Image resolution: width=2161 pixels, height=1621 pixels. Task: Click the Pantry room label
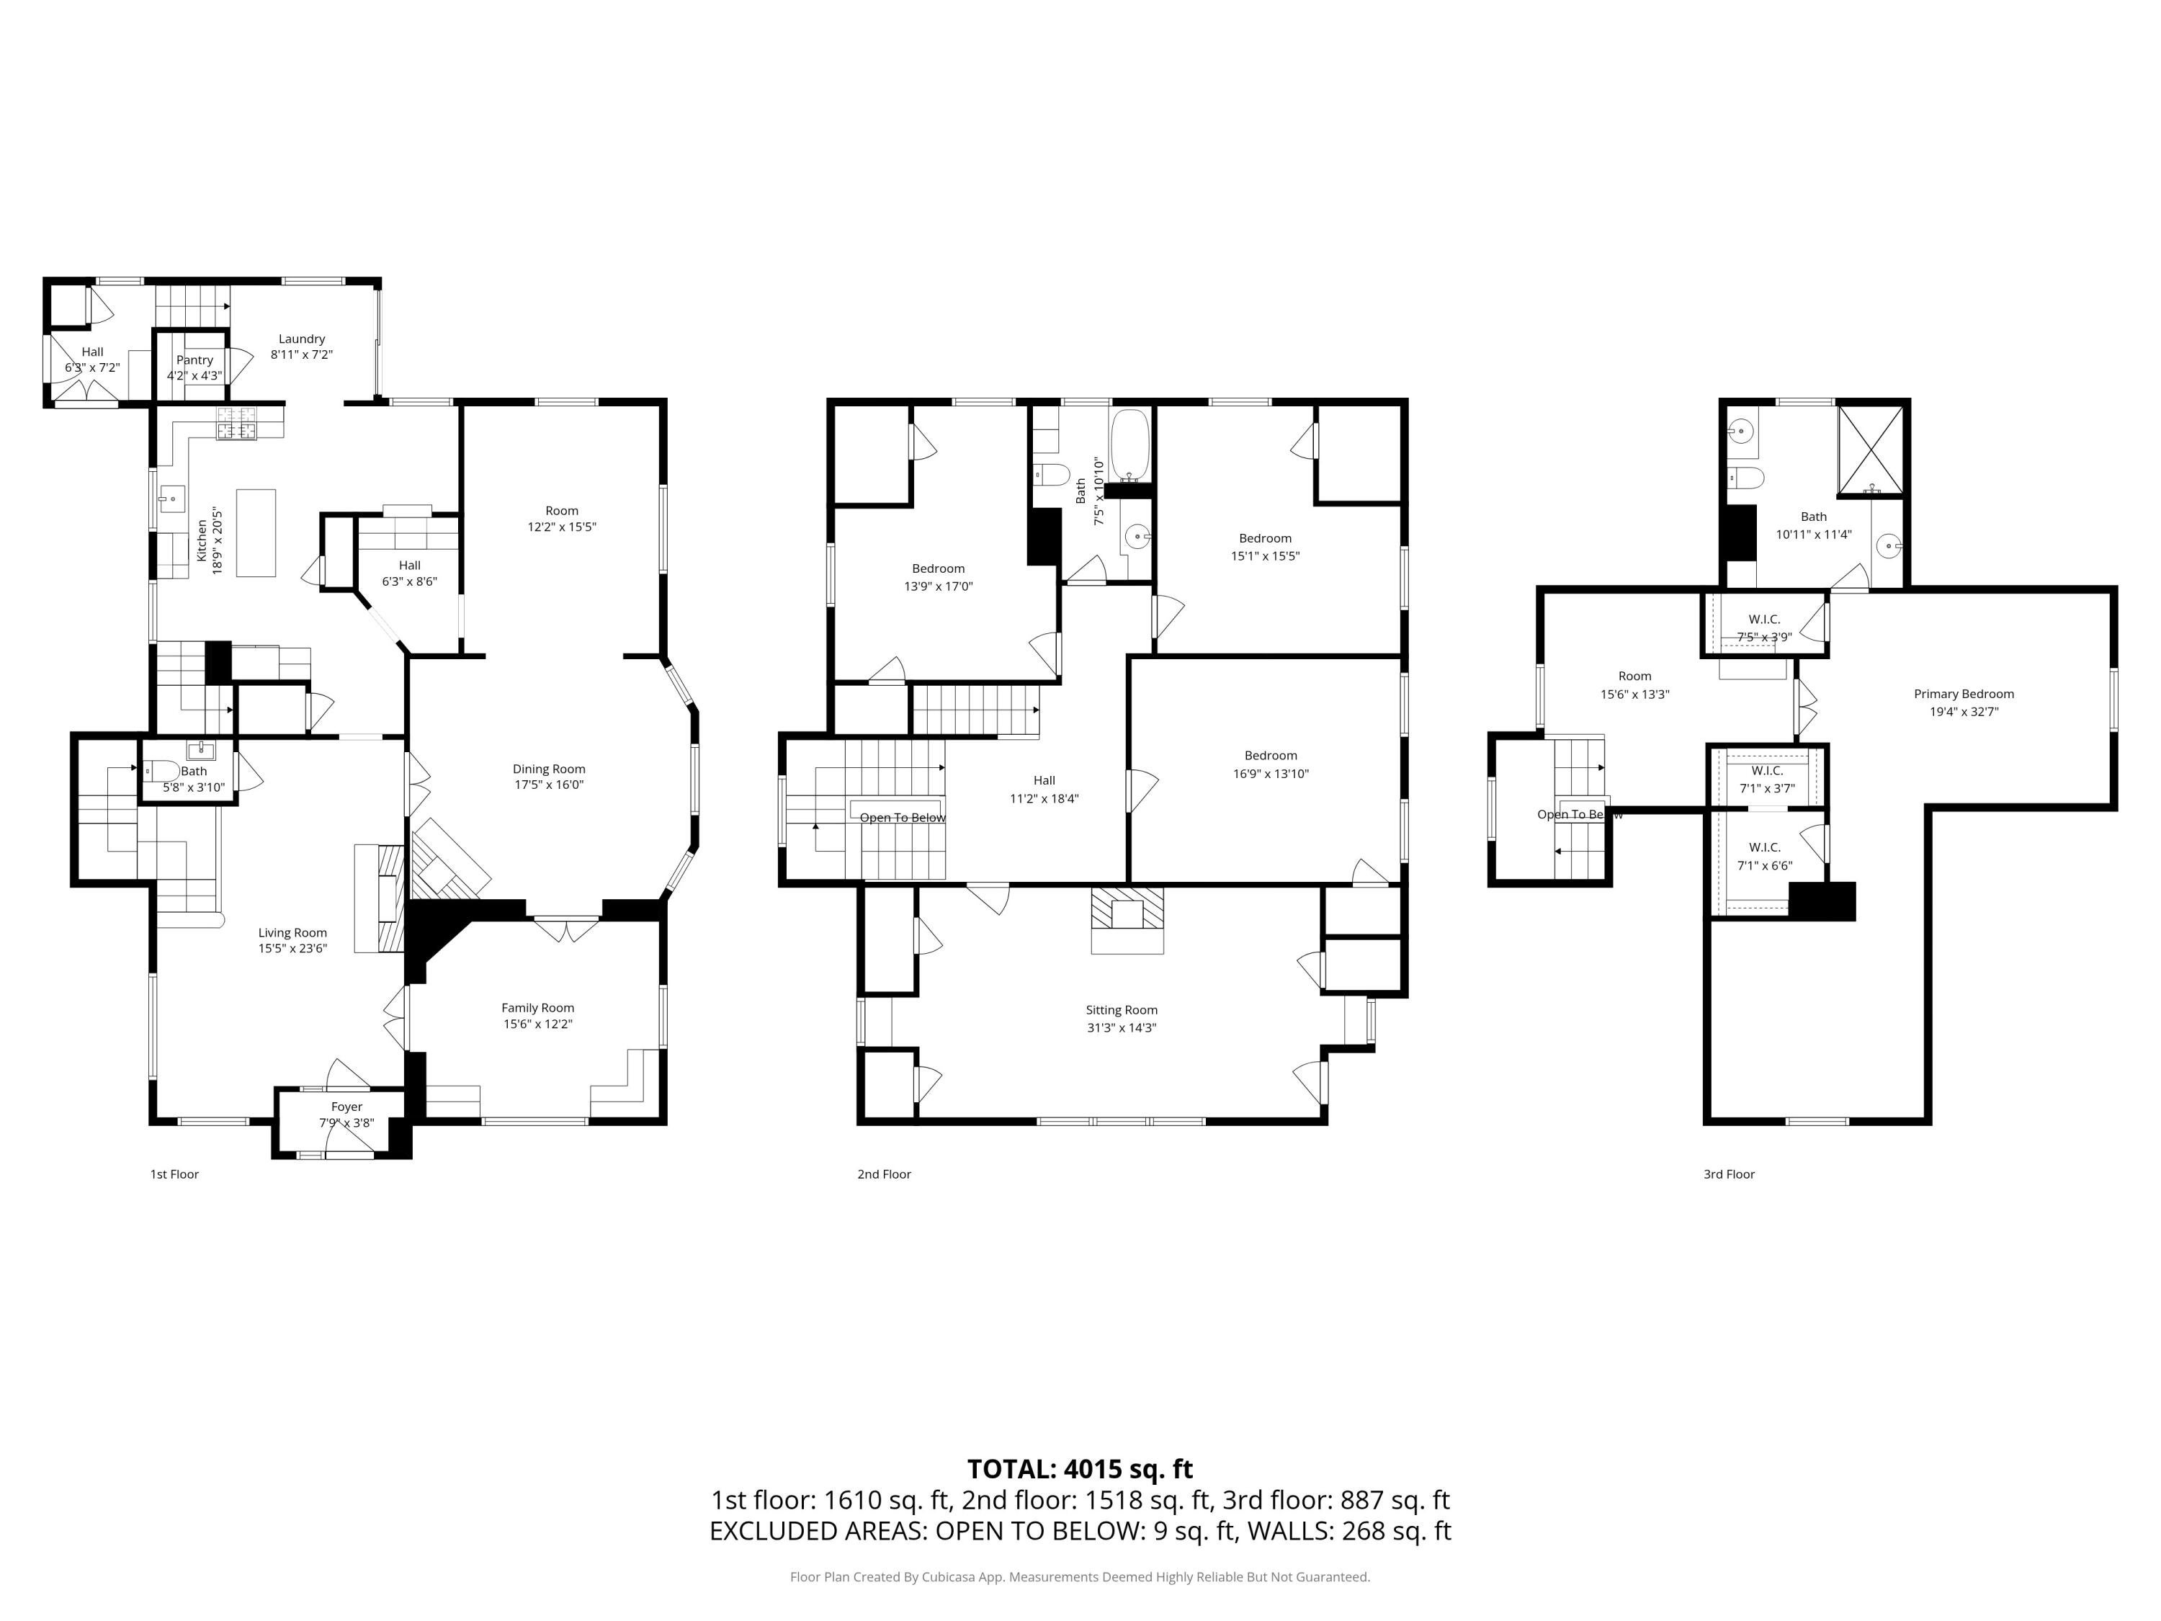coord(194,360)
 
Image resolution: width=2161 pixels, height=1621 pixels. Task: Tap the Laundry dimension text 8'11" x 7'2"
coord(302,354)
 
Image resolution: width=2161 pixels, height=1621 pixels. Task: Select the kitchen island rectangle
coord(256,532)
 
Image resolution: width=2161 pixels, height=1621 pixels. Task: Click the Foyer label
coord(346,1107)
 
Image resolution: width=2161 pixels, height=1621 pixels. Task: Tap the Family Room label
coord(537,1007)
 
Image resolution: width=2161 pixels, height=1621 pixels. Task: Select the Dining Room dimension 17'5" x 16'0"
coord(549,785)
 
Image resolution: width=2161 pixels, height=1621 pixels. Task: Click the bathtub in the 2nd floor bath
coord(1130,445)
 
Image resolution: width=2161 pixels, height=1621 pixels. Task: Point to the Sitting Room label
coord(1121,1009)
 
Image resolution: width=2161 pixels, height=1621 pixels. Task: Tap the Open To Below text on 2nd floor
coord(903,818)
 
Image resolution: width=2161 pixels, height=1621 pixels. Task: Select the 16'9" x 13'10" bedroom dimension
coord(1270,774)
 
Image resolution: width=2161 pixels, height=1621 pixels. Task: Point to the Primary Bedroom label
coord(1964,694)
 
